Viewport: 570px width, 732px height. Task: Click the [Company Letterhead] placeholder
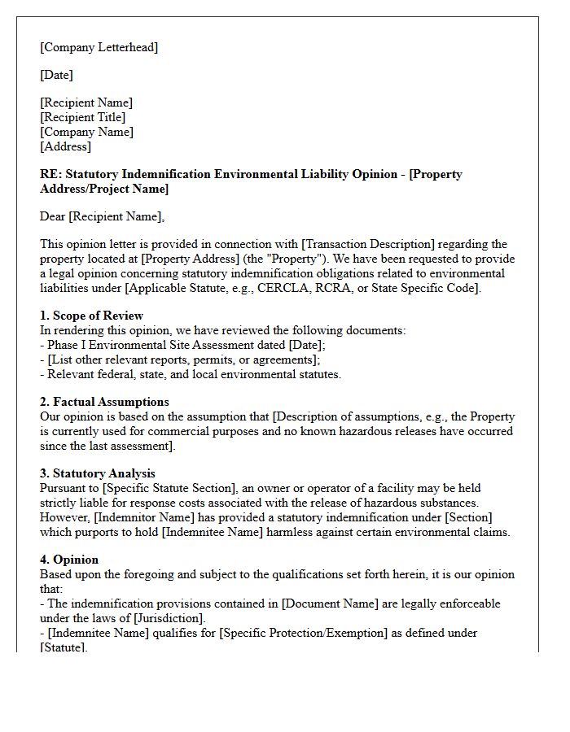pos(99,47)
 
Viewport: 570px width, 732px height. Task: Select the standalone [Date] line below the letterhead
pos(56,75)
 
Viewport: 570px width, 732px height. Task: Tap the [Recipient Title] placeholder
pos(82,117)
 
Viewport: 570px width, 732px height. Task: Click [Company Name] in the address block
pos(86,132)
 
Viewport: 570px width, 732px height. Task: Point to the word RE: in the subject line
pos(50,174)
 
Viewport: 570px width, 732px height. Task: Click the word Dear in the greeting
pos(53,216)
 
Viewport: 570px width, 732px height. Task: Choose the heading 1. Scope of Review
pos(91,316)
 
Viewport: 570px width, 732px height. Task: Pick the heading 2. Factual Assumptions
pos(104,402)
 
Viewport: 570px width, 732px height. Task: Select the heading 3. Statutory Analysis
pos(98,473)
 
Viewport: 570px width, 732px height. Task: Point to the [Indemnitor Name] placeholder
pos(147,517)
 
